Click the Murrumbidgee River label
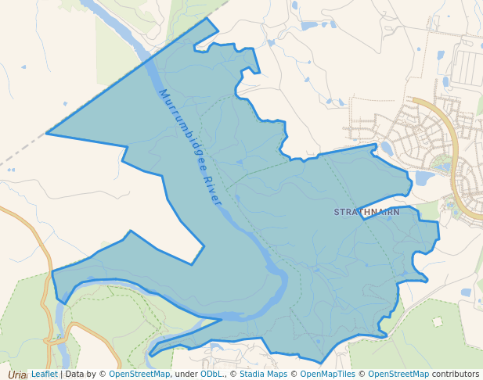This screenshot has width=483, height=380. pyautogui.click(x=190, y=148)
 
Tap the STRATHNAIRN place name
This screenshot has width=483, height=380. pyautogui.click(x=366, y=212)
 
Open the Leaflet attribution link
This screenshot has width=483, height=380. pyautogui.click(x=44, y=375)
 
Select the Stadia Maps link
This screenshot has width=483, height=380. pyautogui.click(x=262, y=375)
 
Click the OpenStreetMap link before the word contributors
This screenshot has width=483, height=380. pyautogui.click(x=398, y=375)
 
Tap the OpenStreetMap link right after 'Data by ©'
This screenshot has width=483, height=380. pyautogui.click(x=140, y=375)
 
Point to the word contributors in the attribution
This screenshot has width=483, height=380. pyautogui.click(x=456, y=375)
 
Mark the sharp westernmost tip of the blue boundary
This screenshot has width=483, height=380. pyautogui.click(x=47, y=134)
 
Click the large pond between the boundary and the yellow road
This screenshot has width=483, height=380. pyautogui.click(x=424, y=178)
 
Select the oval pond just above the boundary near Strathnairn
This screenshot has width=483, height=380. pyautogui.click(x=387, y=149)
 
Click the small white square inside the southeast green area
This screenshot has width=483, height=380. pyautogui.click(x=437, y=321)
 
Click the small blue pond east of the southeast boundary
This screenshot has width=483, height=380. pyautogui.click(x=466, y=292)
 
